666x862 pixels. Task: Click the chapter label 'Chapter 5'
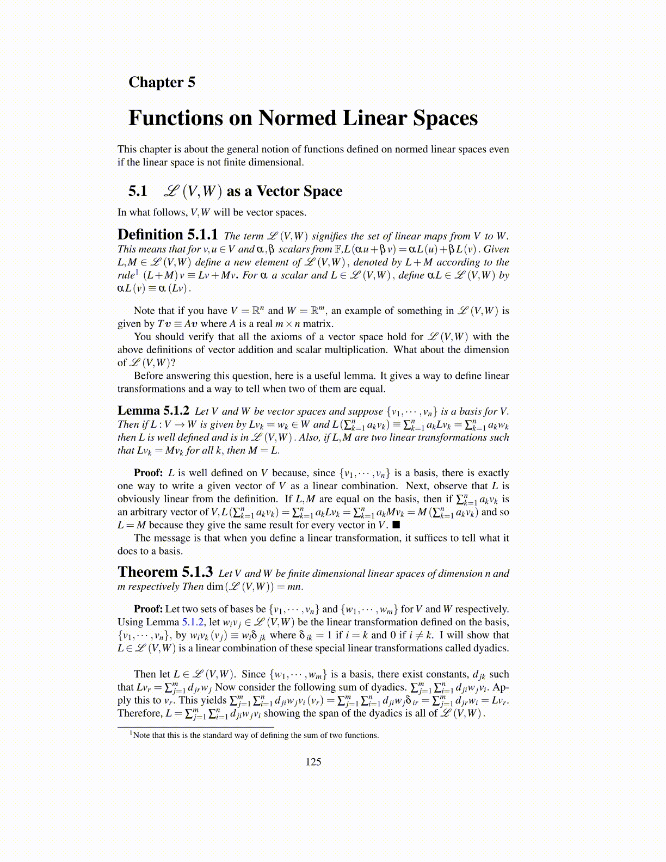[x=162, y=82]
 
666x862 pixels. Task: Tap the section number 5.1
[x=138, y=191]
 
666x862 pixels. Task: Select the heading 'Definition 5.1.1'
[x=168, y=235]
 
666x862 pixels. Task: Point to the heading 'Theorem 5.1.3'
[x=165, y=572]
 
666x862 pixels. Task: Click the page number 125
[x=313, y=762]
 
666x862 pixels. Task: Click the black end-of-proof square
[x=396, y=525]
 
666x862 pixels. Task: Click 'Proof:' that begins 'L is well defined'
[x=149, y=473]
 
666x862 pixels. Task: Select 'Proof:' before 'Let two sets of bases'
[x=148, y=609]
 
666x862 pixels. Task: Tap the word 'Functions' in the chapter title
[x=189, y=118]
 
